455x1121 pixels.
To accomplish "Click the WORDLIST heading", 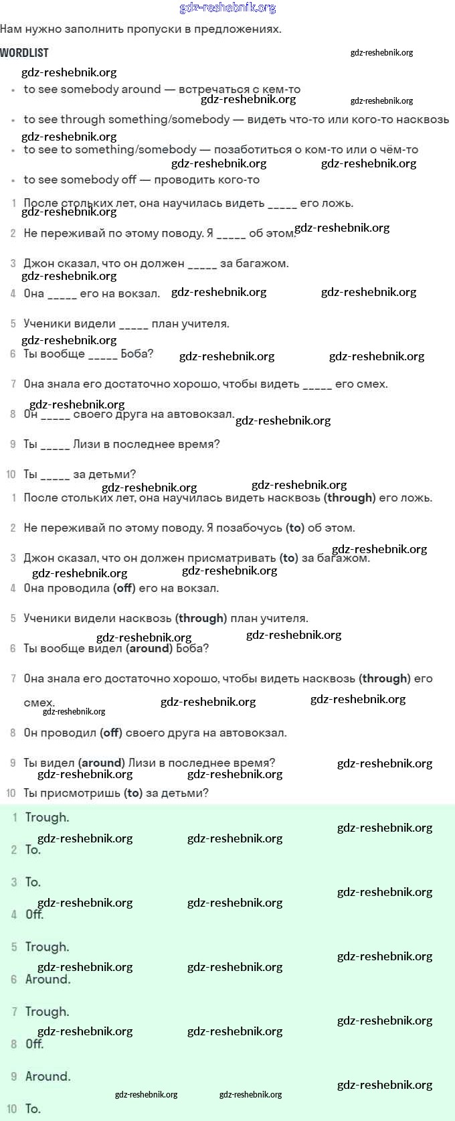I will (24, 53).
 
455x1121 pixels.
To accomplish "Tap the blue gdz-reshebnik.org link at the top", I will (227, 8).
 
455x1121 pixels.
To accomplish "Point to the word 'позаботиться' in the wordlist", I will (254, 149).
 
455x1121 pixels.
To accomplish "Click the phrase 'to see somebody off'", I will (80, 179).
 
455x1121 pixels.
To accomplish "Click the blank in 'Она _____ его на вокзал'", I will (62, 294).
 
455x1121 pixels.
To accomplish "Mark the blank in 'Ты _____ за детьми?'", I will (55, 475).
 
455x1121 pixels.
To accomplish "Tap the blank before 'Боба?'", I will (102, 354).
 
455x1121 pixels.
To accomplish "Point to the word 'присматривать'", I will (232, 558).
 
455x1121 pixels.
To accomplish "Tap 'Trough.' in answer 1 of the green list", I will (47, 817).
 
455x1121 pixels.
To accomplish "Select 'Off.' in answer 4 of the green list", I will (34, 914).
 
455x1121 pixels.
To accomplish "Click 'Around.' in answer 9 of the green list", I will (48, 1076).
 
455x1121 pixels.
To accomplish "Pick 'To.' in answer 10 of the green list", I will (33, 1108).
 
